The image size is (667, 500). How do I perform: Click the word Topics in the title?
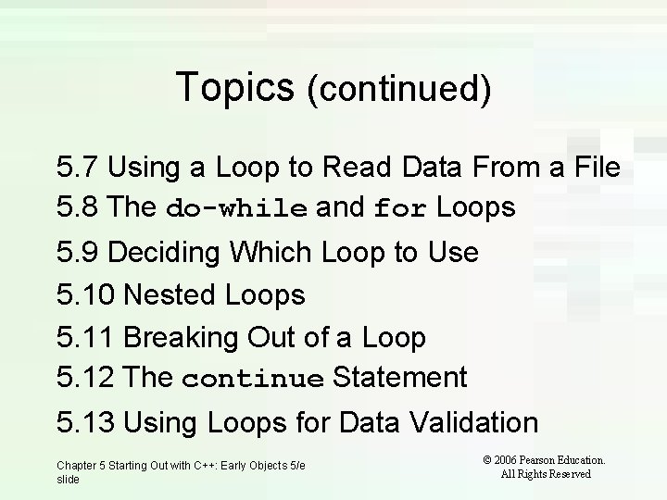coord(233,87)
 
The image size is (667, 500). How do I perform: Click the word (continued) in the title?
coord(397,89)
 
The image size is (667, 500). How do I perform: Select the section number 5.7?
coord(78,168)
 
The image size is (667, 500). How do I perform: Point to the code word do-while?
coord(237,209)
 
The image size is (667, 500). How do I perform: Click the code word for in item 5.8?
coord(400,209)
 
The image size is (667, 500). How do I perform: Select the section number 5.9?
coord(78,252)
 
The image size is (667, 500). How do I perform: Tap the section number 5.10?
coord(86,295)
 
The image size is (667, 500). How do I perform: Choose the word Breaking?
coord(180,338)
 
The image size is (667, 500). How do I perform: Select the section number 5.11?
coord(85,338)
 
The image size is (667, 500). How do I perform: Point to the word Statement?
coord(399,378)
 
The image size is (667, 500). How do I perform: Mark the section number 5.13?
coord(86,423)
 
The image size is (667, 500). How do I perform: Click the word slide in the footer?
coord(68,480)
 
